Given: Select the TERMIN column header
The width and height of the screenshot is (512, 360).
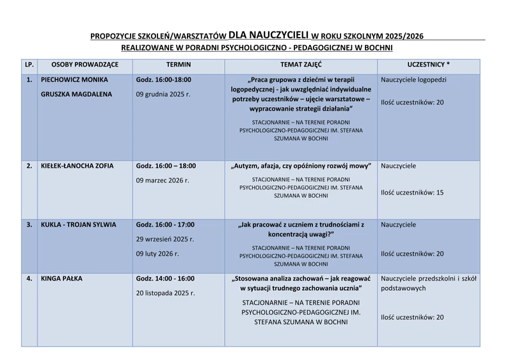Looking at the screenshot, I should coord(178,65).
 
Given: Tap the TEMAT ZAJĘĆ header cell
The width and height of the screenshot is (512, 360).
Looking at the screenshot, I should coord(301,65).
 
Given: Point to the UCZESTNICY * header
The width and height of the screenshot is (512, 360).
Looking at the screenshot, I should coord(428,65).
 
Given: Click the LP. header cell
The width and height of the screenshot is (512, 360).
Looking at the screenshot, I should coord(29,65).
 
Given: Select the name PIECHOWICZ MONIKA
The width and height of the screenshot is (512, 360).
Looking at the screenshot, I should coord(74,80).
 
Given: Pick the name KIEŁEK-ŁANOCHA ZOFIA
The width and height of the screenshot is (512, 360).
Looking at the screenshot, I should coord(77,166).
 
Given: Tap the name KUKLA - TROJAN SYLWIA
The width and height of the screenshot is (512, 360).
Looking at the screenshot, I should coord(78,225).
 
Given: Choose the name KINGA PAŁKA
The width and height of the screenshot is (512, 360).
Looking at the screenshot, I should coord(61,279).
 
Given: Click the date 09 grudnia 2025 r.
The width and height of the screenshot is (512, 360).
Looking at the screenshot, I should coord(163,94).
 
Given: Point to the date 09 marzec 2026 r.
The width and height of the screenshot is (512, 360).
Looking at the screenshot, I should coord(163,181).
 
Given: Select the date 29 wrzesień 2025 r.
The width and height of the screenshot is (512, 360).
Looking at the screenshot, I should coord(165,240).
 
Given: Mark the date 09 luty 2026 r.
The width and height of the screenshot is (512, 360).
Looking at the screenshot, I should coord(157,254).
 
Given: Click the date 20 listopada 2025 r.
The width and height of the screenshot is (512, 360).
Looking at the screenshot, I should coord(165,293).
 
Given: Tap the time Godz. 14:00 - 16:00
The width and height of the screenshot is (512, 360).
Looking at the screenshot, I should coord(165,279).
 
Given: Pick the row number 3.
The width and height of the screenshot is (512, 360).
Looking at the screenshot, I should coord(29,225).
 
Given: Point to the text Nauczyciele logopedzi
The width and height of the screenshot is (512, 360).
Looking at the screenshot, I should coord(413,80).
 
